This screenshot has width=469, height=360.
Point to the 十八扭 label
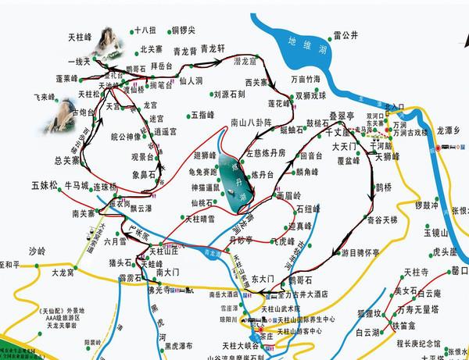(145, 31)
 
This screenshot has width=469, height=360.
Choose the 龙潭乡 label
(451, 130)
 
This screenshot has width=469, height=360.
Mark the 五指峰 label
(202, 114)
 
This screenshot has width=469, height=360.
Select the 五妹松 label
(45, 186)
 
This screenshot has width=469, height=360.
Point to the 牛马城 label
(77, 186)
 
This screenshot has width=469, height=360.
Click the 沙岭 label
(38, 251)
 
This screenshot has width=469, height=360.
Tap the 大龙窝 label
(66, 273)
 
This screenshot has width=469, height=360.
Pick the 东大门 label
(262, 278)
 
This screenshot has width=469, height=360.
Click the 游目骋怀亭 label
(360, 252)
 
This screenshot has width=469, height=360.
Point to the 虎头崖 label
(442, 251)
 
